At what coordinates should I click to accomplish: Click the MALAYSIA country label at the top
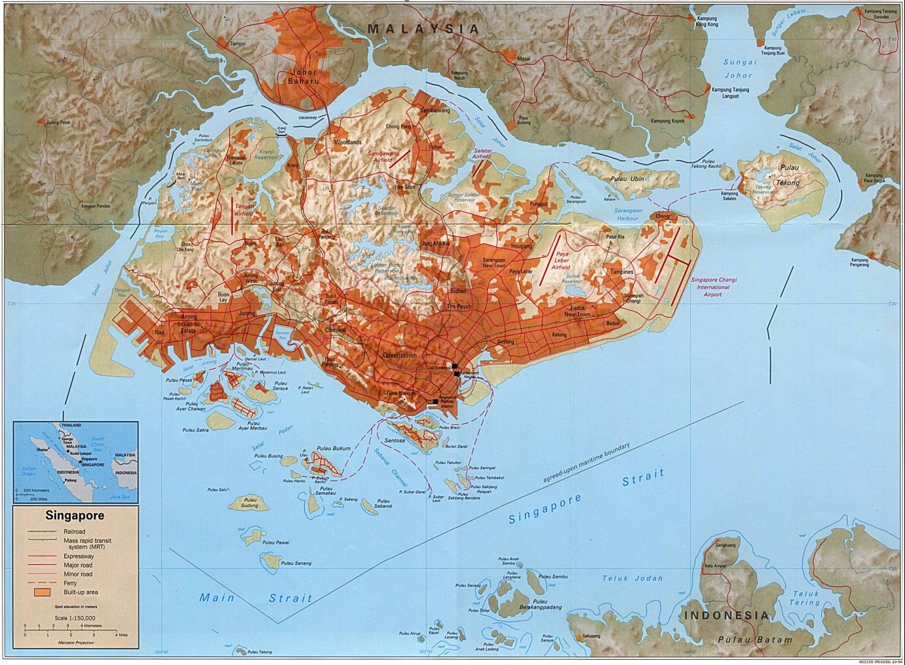423,29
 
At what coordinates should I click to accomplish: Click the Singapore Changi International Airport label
714,287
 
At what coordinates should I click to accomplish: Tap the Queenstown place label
399,355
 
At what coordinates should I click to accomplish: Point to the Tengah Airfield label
244,210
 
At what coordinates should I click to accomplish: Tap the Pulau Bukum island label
333,448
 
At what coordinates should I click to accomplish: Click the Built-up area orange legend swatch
43,592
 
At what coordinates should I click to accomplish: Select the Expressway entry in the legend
78,555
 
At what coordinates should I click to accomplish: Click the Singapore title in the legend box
75,516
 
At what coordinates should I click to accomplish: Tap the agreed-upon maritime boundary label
586,463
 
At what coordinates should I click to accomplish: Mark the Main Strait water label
256,598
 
